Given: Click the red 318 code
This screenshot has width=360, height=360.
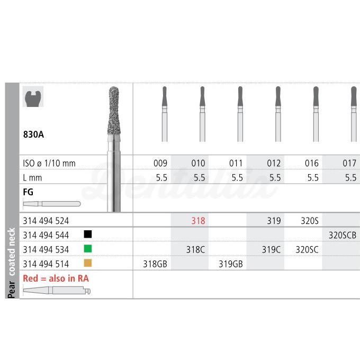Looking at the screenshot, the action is click(198, 221).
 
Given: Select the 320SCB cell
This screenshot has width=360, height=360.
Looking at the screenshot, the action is click(343, 235).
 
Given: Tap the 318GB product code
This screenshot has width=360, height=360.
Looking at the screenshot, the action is click(155, 264).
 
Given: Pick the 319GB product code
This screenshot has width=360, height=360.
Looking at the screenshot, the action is click(230, 264).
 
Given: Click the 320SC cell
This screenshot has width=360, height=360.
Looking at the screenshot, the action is click(307, 249).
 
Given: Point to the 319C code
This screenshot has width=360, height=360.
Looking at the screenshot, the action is click(271, 249).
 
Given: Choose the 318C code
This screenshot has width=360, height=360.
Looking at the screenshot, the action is click(195, 249).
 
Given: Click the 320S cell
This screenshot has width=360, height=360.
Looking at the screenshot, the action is click(310, 221).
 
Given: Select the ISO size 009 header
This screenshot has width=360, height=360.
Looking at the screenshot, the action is click(160, 163).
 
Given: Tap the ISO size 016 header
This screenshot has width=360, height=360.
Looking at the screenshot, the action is click(311, 163).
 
